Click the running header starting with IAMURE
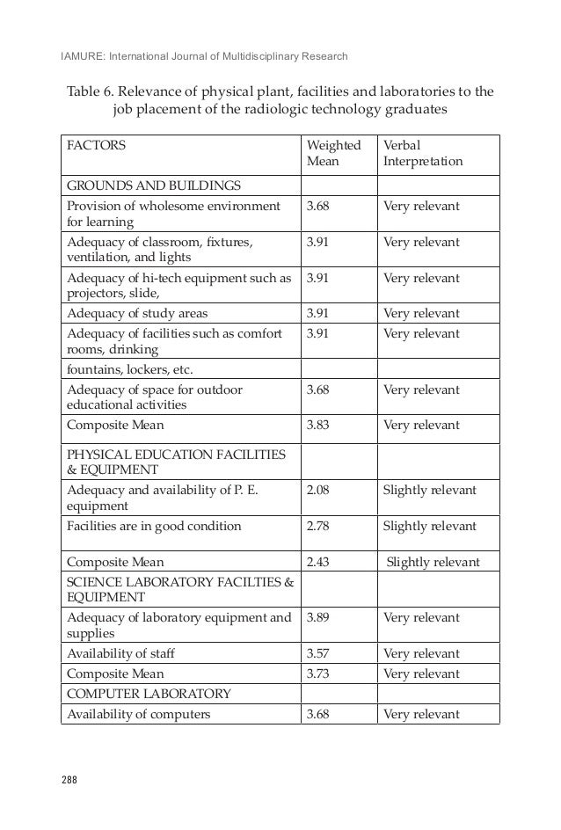pos(204,57)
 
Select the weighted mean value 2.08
pos(317,489)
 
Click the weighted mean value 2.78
pos(317,526)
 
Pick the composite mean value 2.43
pos(317,562)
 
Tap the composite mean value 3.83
pos(317,425)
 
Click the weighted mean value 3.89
pos(317,617)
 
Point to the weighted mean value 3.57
pos(317,654)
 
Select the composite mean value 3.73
pos(317,673)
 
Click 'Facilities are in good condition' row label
pos(154,526)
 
